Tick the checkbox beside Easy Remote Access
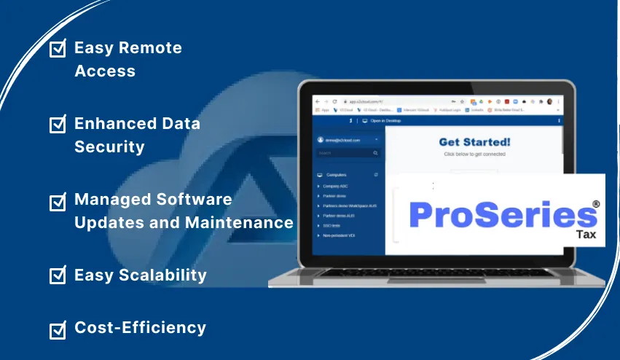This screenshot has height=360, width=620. coord(58,49)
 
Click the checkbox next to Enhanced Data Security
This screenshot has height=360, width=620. coord(58,125)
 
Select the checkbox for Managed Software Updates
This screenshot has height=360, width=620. coord(58,200)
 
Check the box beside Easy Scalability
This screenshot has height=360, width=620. coord(58,275)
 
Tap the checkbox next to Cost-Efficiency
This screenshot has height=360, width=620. coord(58,329)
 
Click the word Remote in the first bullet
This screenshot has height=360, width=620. coord(151,49)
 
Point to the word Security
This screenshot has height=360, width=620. coord(109,146)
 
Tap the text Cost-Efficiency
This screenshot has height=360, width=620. coord(140,328)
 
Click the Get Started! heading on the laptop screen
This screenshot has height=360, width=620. coord(474,142)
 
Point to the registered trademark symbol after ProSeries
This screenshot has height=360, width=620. coord(596,205)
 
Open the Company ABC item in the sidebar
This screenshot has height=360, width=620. coord(336,186)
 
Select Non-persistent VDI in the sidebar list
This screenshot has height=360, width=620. coord(340,235)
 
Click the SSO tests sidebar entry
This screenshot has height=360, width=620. coord(332,225)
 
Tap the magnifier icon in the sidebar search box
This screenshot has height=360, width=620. coord(376,153)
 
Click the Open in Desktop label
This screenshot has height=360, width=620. coord(385,120)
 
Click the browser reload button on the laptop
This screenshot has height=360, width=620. coord(334,101)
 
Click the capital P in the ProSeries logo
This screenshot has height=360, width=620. coord(423,214)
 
